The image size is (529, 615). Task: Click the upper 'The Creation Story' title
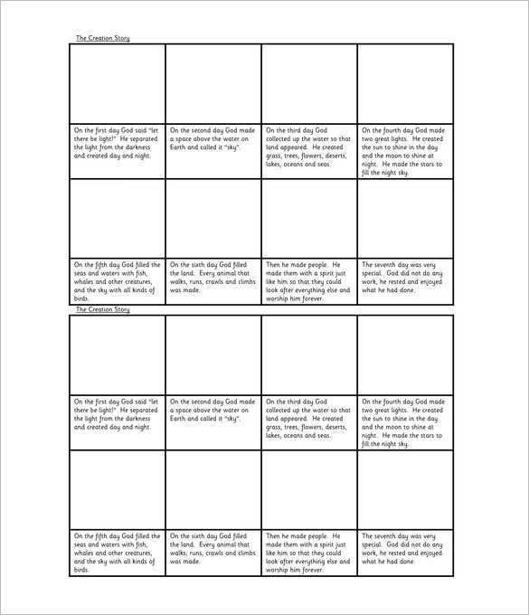102,38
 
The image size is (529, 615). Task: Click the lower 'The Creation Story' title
102,309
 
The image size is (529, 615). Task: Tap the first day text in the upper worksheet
117,142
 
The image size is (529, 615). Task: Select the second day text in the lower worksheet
212,410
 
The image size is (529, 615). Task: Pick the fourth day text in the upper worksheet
403,151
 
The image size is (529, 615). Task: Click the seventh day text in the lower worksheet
403,545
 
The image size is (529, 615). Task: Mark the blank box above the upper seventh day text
405,218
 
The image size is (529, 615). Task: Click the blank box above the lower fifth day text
118,489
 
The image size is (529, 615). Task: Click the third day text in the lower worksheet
307,419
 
